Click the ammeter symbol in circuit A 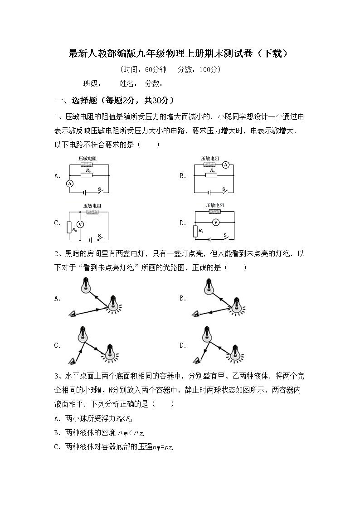(x=70, y=183)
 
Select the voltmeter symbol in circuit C (x=80, y=224)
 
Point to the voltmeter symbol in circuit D (x=216, y=222)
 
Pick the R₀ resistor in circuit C (x=69, y=227)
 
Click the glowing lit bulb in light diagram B (x=236, y=305)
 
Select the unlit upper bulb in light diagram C (x=83, y=334)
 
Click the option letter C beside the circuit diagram (x=57, y=223)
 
